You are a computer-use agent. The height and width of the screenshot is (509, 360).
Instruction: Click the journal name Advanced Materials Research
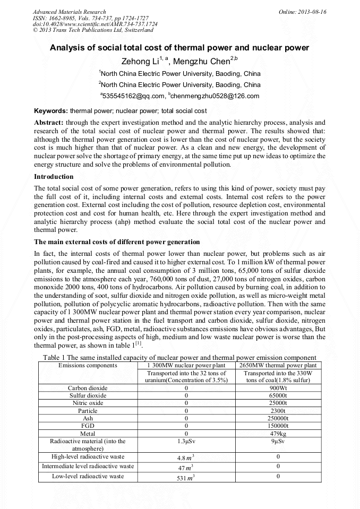click(69, 12)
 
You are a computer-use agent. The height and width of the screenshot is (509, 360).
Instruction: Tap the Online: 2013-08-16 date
click(303, 12)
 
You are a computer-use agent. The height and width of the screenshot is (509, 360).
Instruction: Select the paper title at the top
click(179, 48)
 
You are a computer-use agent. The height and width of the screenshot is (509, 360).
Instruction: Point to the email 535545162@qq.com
click(133, 96)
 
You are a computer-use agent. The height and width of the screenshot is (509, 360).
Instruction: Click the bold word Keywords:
click(51, 111)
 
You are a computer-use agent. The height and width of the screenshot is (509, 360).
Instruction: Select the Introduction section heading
click(54, 176)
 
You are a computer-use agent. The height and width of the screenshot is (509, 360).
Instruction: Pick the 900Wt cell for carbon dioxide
click(278, 388)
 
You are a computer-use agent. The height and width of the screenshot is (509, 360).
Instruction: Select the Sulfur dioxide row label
click(88, 395)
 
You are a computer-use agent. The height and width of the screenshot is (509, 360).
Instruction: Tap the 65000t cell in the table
click(278, 395)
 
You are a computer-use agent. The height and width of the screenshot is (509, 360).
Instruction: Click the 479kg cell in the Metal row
click(278, 433)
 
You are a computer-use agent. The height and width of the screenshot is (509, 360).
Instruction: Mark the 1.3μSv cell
click(186, 441)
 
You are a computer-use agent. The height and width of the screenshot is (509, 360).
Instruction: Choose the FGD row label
click(88, 426)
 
